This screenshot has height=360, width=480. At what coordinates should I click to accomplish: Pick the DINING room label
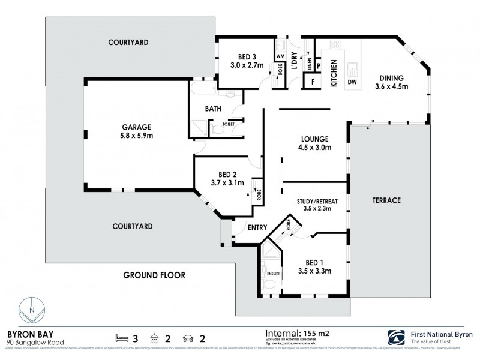coord(391,78)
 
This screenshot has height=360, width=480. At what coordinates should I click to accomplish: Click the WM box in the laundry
coord(280,56)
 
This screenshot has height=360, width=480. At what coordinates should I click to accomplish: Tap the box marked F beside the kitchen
coord(311,80)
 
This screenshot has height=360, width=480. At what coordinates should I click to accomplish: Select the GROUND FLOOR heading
coord(154,275)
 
